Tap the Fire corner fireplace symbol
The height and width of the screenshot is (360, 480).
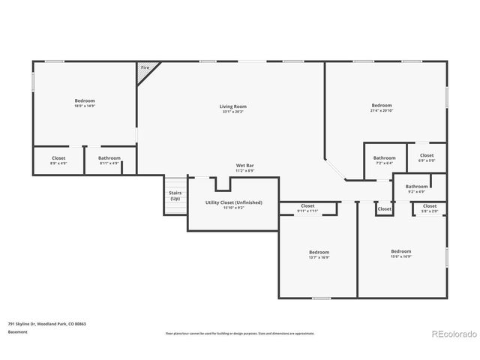coord(145,68)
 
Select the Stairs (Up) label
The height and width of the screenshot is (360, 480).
coord(175,195)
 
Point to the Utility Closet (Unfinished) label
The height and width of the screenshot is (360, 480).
coord(233,202)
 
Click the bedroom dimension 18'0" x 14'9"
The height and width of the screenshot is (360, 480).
coord(84,106)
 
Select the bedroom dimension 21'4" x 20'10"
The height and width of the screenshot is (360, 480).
coord(382,112)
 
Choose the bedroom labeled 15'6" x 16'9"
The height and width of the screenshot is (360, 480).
coord(401,256)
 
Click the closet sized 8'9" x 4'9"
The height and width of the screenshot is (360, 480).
coord(58,160)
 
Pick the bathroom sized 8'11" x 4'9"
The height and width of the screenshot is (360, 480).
coord(109,160)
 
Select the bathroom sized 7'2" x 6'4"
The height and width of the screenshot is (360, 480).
coord(384,160)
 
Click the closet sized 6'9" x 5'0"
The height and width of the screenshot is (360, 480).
coord(426,157)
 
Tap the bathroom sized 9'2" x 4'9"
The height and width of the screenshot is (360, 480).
coord(416,188)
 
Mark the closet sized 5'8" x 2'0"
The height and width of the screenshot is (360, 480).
coord(429,208)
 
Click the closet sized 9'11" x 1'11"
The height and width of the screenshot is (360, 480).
coord(307,208)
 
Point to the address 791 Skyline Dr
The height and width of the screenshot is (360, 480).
coord(47,324)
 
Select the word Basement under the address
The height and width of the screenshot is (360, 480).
coord(18,331)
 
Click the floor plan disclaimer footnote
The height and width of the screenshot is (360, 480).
coord(239,333)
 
